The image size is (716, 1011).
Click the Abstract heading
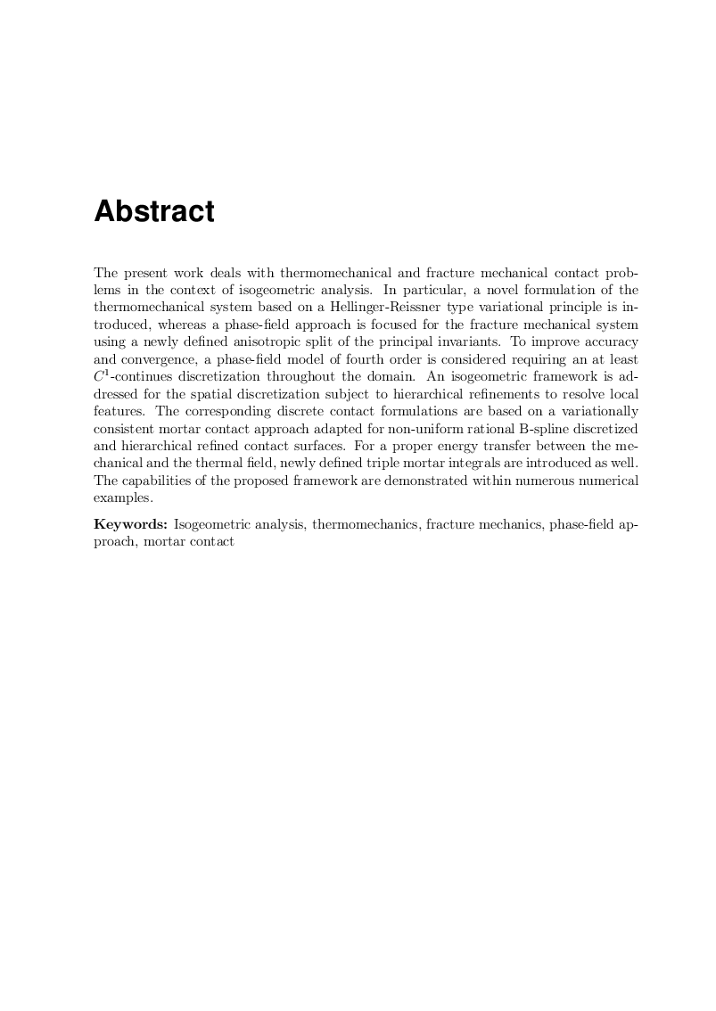click(154, 212)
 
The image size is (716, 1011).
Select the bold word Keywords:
click(131, 525)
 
